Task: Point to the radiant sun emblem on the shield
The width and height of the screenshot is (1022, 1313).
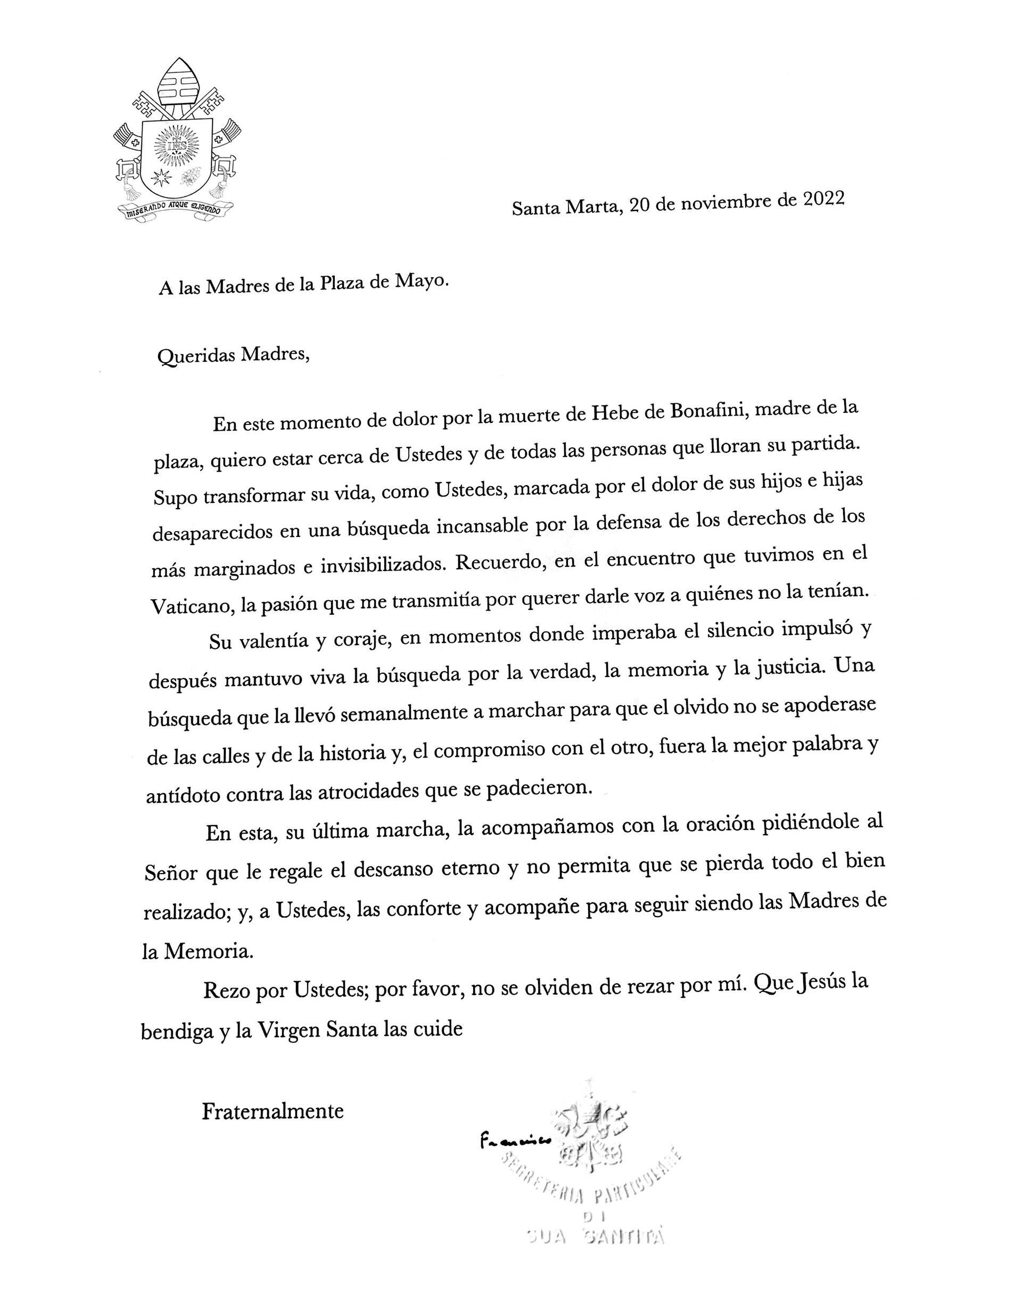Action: tap(177, 145)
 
